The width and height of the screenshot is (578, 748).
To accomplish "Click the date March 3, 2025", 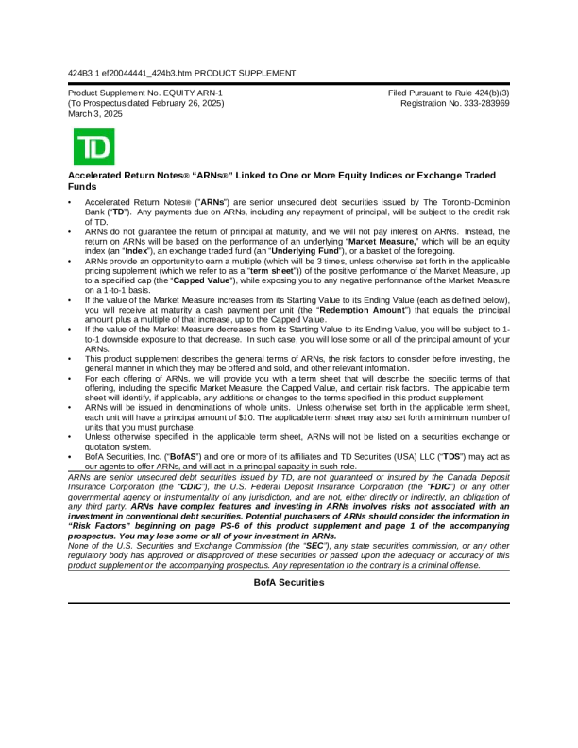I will coord(95,113).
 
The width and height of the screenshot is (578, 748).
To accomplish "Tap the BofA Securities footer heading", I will coord(289,583).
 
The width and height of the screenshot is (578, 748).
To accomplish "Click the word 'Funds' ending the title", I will coord(85,188).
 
